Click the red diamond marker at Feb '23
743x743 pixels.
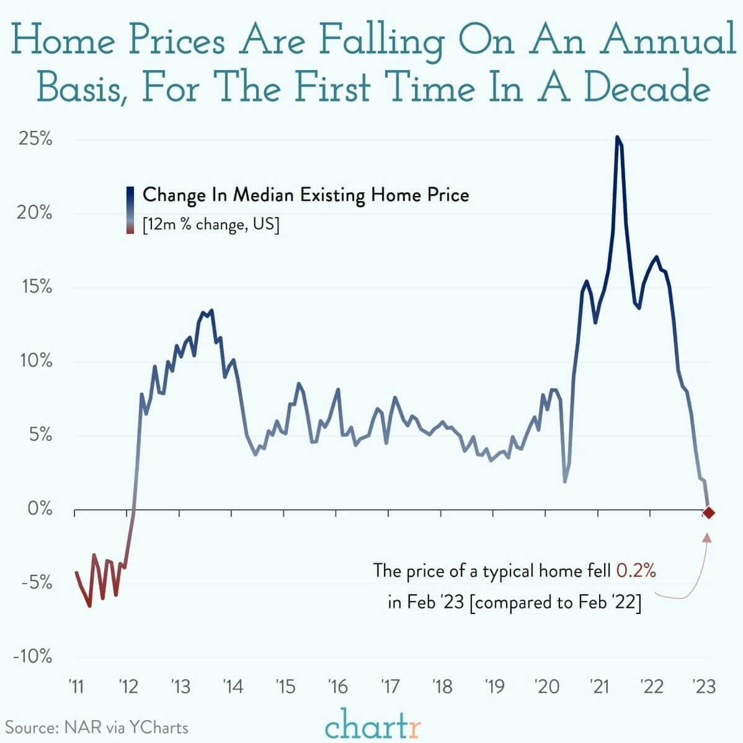[x=708, y=512]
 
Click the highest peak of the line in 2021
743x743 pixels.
[x=616, y=138]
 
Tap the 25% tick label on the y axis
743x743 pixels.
[x=35, y=139]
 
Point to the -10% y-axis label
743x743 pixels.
[x=32, y=657]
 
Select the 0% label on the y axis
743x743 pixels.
[x=40, y=509]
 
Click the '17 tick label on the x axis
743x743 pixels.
[x=390, y=687]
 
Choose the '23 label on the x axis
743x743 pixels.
[x=703, y=687]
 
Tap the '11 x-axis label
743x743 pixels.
[x=76, y=687]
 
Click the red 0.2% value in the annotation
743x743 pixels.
[x=636, y=570]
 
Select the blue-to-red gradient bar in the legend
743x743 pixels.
[x=130, y=210]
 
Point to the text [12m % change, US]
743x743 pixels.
[x=211, y=225]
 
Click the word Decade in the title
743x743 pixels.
[x=646, y=87]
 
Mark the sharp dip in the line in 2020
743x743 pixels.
[x=564, y=481]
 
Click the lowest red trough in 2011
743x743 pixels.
[x=89, y=605]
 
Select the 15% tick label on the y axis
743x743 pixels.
[x=35, y=287]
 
